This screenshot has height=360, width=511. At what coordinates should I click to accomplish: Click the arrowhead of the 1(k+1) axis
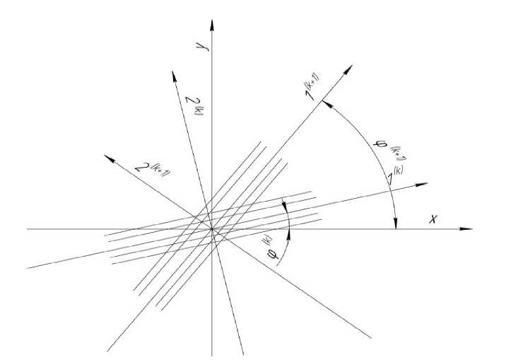[x=349, y=65]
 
